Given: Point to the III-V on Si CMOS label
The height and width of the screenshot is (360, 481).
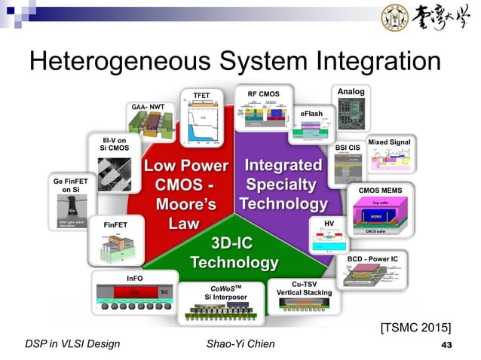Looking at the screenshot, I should tap(114, 144).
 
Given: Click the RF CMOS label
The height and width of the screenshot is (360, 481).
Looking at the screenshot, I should tap(264, 94).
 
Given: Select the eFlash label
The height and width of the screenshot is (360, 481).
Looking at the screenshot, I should tap(311, 114).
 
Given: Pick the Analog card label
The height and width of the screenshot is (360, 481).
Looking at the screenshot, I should tap(351, 92).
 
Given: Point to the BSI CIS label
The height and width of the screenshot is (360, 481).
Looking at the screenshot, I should tap(348, 148).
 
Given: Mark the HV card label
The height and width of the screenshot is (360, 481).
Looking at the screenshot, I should tap(329, 224).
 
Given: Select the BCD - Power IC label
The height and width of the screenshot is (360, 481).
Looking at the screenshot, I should tap(377, 258).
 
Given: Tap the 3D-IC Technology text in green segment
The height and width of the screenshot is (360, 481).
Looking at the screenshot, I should tap(234, 253).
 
